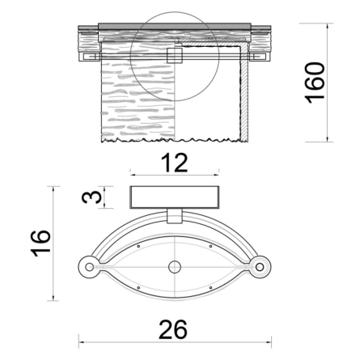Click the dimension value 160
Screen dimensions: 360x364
pos(316,81)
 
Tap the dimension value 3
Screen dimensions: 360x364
pos(94,197)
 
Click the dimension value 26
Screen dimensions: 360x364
pos(173,330)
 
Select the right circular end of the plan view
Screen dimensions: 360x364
pos(259,265)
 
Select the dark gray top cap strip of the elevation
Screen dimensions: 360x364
pos(173,26)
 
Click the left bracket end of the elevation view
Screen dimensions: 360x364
pos(88,57)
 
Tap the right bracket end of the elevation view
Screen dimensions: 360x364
pos(260,57)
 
